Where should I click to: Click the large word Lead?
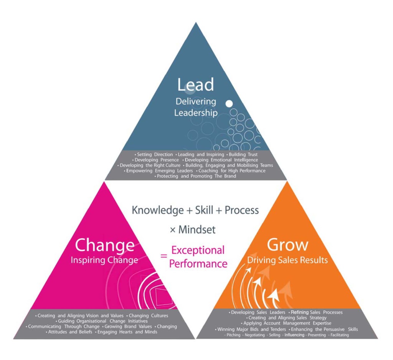point(195,85)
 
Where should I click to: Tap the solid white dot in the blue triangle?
point(229,104)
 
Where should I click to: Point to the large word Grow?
point(287,244)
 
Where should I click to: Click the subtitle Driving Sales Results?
point(287,260)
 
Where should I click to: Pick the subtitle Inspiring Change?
point(104,260)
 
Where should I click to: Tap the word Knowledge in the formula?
point(158,211)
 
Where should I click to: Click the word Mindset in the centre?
point(197,229)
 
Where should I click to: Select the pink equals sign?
point(163,256)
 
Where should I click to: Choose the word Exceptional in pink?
point(198,251)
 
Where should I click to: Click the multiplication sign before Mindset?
point(173,230)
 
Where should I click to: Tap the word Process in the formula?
point(242,210)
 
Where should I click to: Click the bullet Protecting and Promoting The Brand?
point(195,176)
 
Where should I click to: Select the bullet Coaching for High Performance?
point(231,171)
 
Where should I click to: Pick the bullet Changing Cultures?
point(147,315)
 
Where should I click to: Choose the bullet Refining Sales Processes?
point(315,312)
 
